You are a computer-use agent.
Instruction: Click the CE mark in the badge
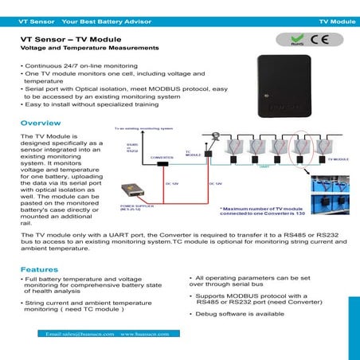(315, 38)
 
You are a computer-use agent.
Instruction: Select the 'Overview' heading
(41, 123)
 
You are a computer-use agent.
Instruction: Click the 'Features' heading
(39, 269)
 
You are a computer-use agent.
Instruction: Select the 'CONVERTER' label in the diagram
(162, 158)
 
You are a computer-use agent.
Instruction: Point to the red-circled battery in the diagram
(303, 147)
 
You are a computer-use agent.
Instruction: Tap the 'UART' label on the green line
(264, 168)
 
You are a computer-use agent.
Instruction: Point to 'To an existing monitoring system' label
(143, 127)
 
